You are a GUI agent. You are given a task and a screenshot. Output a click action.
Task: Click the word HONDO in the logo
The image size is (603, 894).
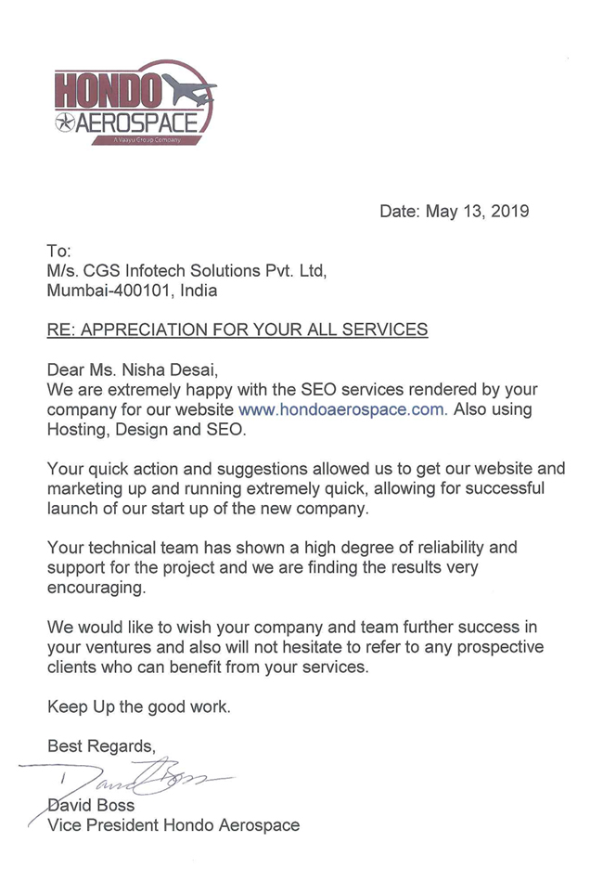click(x=109, y=91)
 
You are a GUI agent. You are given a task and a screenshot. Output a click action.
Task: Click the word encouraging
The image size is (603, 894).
click(x=96, y=589)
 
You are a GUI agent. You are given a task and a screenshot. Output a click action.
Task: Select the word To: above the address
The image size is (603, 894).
click(x=59, y=250)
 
